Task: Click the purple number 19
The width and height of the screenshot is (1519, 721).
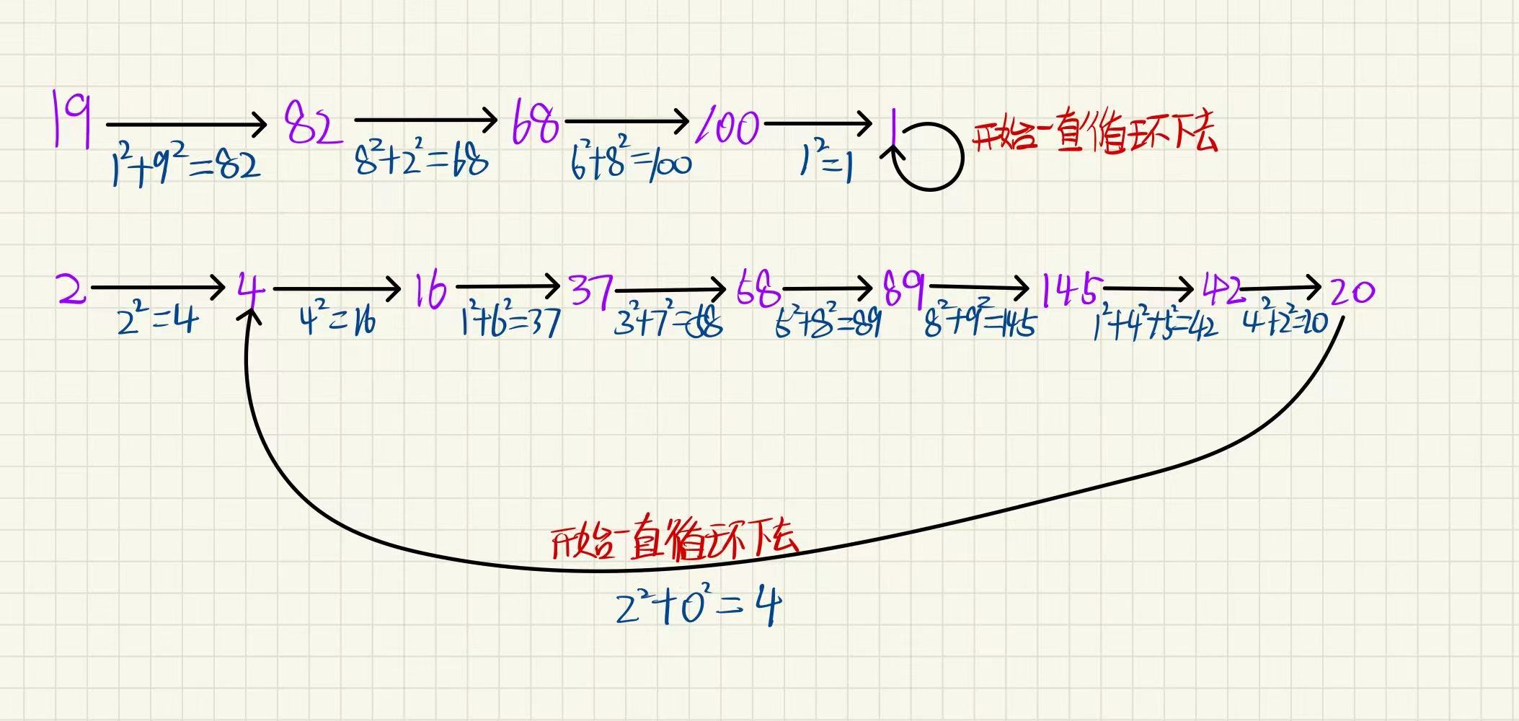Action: click(x=72, y=118)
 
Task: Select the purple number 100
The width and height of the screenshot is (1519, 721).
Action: click(x=728, y=128)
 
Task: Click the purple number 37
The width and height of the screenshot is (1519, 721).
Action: click(x=591, y=291)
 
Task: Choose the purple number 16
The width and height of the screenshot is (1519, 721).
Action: click(x=430, y=291)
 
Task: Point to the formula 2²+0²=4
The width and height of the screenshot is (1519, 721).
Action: click(x=698, y=608)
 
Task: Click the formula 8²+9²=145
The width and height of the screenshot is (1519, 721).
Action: click(x=980, y=323)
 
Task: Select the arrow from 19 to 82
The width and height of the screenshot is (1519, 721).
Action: click(x=187, y=125)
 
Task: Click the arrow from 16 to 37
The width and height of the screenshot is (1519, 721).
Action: click(x=508, y=287)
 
